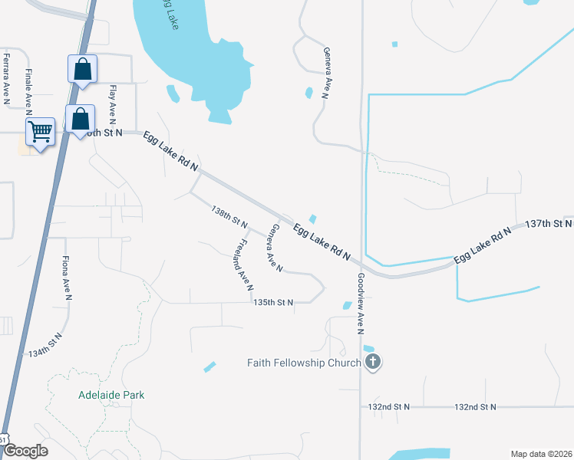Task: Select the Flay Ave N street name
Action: pos(112,104)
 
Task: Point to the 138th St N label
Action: pos(230,217)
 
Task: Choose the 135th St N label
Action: pos(274,303)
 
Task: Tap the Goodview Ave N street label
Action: pos(359,304)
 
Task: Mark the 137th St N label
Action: pos(549,224)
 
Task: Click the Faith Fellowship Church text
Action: pos(303,362)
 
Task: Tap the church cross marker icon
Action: pos(373,361)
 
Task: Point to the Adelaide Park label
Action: pos(111,395)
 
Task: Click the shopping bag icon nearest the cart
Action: pos(80,119)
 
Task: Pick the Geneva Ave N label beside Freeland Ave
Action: pos(275,248)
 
